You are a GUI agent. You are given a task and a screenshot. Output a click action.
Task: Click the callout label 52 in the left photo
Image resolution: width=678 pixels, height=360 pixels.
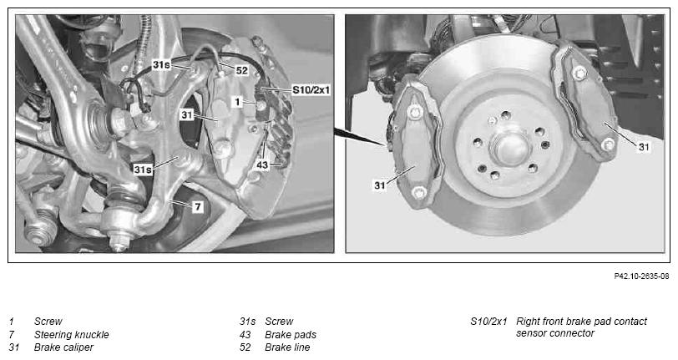(241, 70)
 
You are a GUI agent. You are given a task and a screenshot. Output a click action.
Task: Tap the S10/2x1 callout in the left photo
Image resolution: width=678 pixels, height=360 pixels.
(311, 90)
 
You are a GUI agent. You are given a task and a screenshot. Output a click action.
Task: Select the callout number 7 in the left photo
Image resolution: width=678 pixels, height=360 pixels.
(198, 206)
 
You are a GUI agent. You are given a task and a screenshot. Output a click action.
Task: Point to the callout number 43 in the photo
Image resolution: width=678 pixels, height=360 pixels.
(262, 165)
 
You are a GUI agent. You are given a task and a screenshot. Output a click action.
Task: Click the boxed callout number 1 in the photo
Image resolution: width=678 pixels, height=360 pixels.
(237, 102)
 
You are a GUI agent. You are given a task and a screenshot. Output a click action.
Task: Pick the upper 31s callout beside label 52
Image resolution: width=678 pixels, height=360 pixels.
(161, 65)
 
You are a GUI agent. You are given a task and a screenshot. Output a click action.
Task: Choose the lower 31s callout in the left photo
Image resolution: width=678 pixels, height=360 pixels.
(143, 170)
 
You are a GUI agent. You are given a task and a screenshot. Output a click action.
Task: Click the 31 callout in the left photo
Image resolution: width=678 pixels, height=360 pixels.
(187, 115)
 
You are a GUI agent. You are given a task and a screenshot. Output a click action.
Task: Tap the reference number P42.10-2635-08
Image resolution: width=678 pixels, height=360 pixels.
(641, 276)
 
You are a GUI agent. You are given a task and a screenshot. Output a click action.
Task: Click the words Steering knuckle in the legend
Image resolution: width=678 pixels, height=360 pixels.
(71, 334)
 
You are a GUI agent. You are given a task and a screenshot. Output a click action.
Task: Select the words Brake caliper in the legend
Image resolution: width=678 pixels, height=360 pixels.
(63, 347)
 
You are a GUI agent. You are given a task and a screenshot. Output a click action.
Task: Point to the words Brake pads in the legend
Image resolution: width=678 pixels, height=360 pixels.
(291, 334)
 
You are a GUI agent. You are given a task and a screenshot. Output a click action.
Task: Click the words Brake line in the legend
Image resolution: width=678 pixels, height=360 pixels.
(287, 347)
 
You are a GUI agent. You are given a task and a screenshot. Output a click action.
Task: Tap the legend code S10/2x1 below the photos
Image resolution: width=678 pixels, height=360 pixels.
(488, 322)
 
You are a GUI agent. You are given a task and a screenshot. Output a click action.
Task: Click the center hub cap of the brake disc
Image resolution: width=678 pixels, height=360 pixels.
(510, 149)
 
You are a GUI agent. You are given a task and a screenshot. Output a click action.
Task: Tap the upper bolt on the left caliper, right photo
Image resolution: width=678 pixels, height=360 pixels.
(416, 112)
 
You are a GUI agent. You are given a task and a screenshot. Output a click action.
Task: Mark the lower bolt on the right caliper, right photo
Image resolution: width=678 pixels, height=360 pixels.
(609, 145)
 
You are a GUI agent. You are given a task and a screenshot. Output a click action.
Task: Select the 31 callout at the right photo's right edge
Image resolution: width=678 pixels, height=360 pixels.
(644, 147)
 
